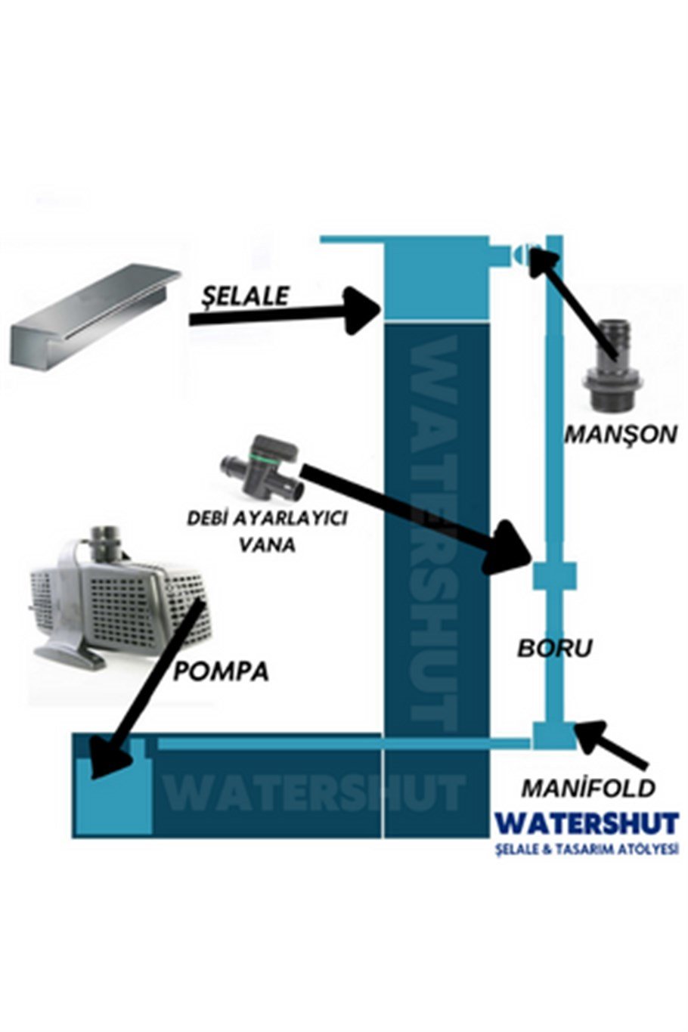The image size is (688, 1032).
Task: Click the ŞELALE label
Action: pos(245,296)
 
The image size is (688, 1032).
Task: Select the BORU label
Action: pos(554,648)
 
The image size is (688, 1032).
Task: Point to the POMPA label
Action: pos(220,671)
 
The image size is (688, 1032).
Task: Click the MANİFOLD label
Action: pos(588,789)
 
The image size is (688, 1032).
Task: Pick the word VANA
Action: pos(268,545)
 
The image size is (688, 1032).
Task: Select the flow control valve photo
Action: pos(262,468)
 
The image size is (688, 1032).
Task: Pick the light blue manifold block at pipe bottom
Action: pos(554,736)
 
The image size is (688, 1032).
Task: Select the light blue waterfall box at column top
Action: pos(436,277)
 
